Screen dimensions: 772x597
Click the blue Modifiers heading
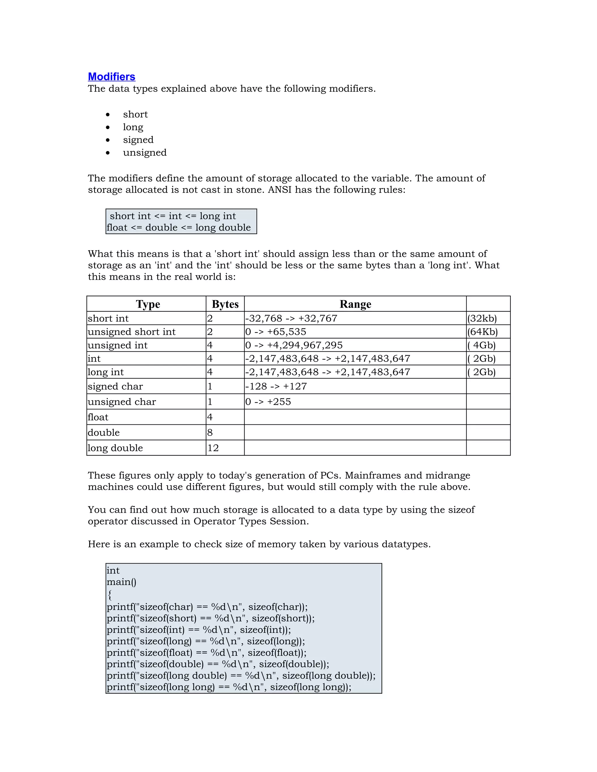(x=111, y=77)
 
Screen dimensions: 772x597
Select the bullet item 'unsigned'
(x=145, y=152)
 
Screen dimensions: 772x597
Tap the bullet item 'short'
(x=135, y=114)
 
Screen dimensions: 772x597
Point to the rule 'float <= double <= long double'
(x=179, y=227)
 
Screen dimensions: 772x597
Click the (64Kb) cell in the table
(x=482, y=332)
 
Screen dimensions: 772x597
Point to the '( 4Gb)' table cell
(x=482, y=345)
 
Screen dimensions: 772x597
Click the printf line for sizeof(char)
(x=207, y=607)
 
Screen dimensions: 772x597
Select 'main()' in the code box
(x=121, y=582)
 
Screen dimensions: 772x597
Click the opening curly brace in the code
(x=110, y=595)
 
